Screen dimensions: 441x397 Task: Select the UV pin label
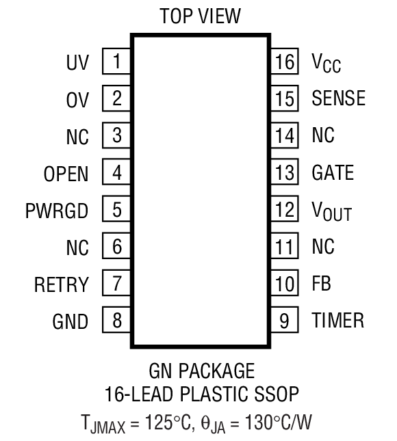[77, 63]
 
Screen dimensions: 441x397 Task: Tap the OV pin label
[77, 100]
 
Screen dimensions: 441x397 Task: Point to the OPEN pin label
[66, 174]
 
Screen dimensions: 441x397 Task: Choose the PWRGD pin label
[61, 211]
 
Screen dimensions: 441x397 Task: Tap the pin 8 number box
[116, 319]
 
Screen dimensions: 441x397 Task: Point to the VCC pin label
[326, 64]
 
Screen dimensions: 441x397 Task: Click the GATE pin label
[333, 172]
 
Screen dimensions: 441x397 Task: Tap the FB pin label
[321, 283]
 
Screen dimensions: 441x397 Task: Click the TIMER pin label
[337, 319]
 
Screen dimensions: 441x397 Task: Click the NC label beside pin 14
[322, 135]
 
